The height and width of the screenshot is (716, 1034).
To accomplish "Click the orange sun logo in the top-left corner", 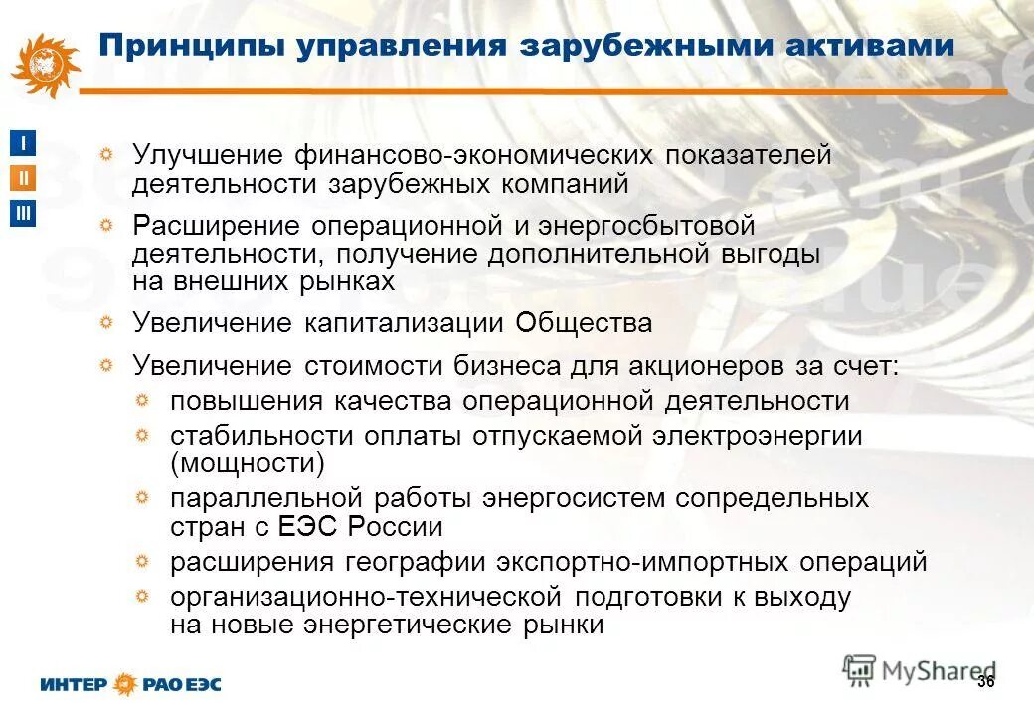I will coord(45,65).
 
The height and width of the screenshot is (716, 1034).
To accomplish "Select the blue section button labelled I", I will coord(24,143).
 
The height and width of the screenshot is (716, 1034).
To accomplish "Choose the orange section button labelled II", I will coord(24,179).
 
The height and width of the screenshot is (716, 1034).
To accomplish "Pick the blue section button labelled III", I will coord(24,214).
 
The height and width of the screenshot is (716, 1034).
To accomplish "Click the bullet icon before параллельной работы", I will coord(143,497).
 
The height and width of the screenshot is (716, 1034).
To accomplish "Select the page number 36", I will coord(985,681).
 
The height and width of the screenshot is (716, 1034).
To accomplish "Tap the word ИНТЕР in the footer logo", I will coord(77,685).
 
